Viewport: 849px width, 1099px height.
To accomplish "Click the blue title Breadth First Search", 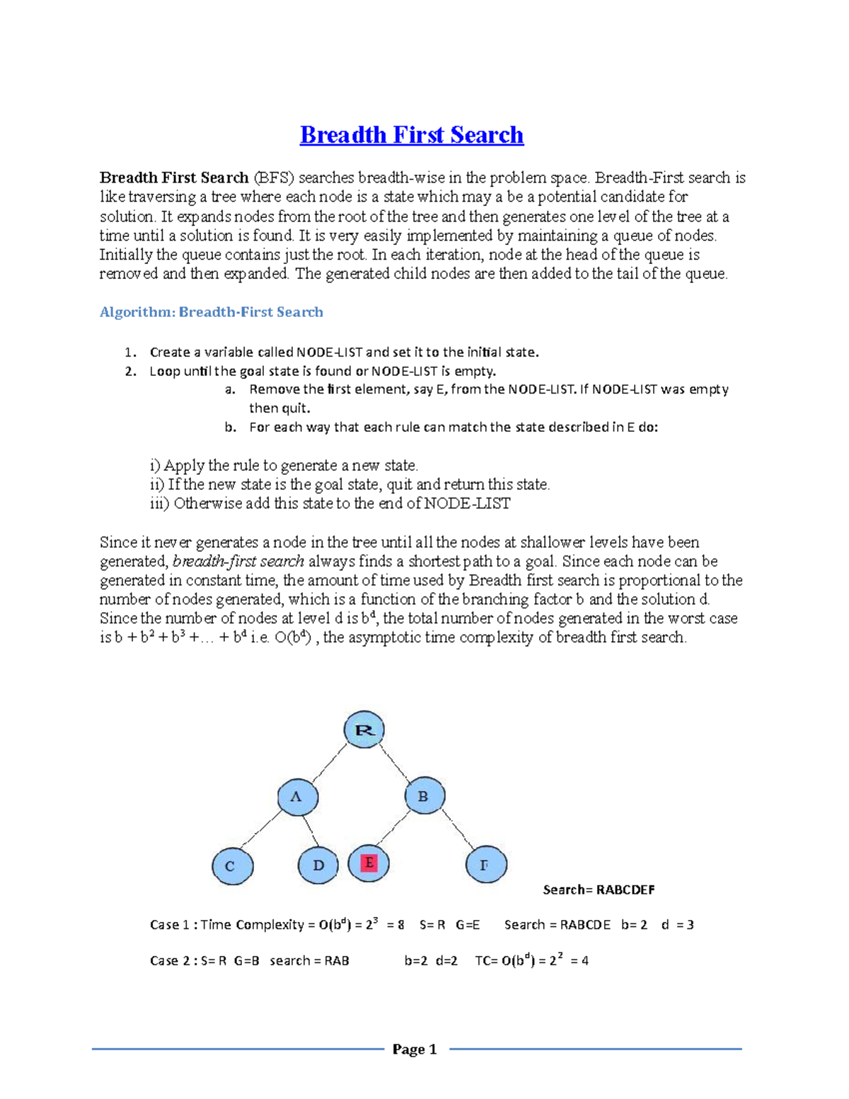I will coord(412,134).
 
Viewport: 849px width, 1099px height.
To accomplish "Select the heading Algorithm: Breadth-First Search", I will coord(211,312).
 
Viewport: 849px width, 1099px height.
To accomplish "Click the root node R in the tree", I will coord(364,730).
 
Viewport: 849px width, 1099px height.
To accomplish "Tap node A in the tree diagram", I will coord(297,797).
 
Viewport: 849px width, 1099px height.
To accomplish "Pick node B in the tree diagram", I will coord(424,796).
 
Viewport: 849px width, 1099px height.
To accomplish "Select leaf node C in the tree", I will coord(232,866).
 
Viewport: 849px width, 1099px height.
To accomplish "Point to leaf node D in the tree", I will coord(318,865).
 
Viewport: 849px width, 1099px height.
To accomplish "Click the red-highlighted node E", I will coord(369,863).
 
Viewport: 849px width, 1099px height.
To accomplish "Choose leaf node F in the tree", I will coord(486,864).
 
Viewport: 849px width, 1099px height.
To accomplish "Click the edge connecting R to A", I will coord(330,761).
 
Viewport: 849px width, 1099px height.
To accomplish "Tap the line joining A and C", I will coord(262,829).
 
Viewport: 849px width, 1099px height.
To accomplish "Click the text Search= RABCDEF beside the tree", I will coord(599,890).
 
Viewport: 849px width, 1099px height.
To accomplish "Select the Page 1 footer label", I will coord(415,1049).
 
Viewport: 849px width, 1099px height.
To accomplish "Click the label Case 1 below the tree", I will coord(170,925).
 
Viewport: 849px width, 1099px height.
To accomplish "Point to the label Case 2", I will coord(170,961).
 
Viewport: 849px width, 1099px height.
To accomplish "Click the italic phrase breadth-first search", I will coord(238,562).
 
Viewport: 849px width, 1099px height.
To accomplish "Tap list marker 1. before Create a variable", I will coord(129,352).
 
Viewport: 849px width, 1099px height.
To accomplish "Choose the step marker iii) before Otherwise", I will coord(159,504).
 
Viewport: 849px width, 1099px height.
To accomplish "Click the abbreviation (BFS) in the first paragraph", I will coord(273,178).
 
